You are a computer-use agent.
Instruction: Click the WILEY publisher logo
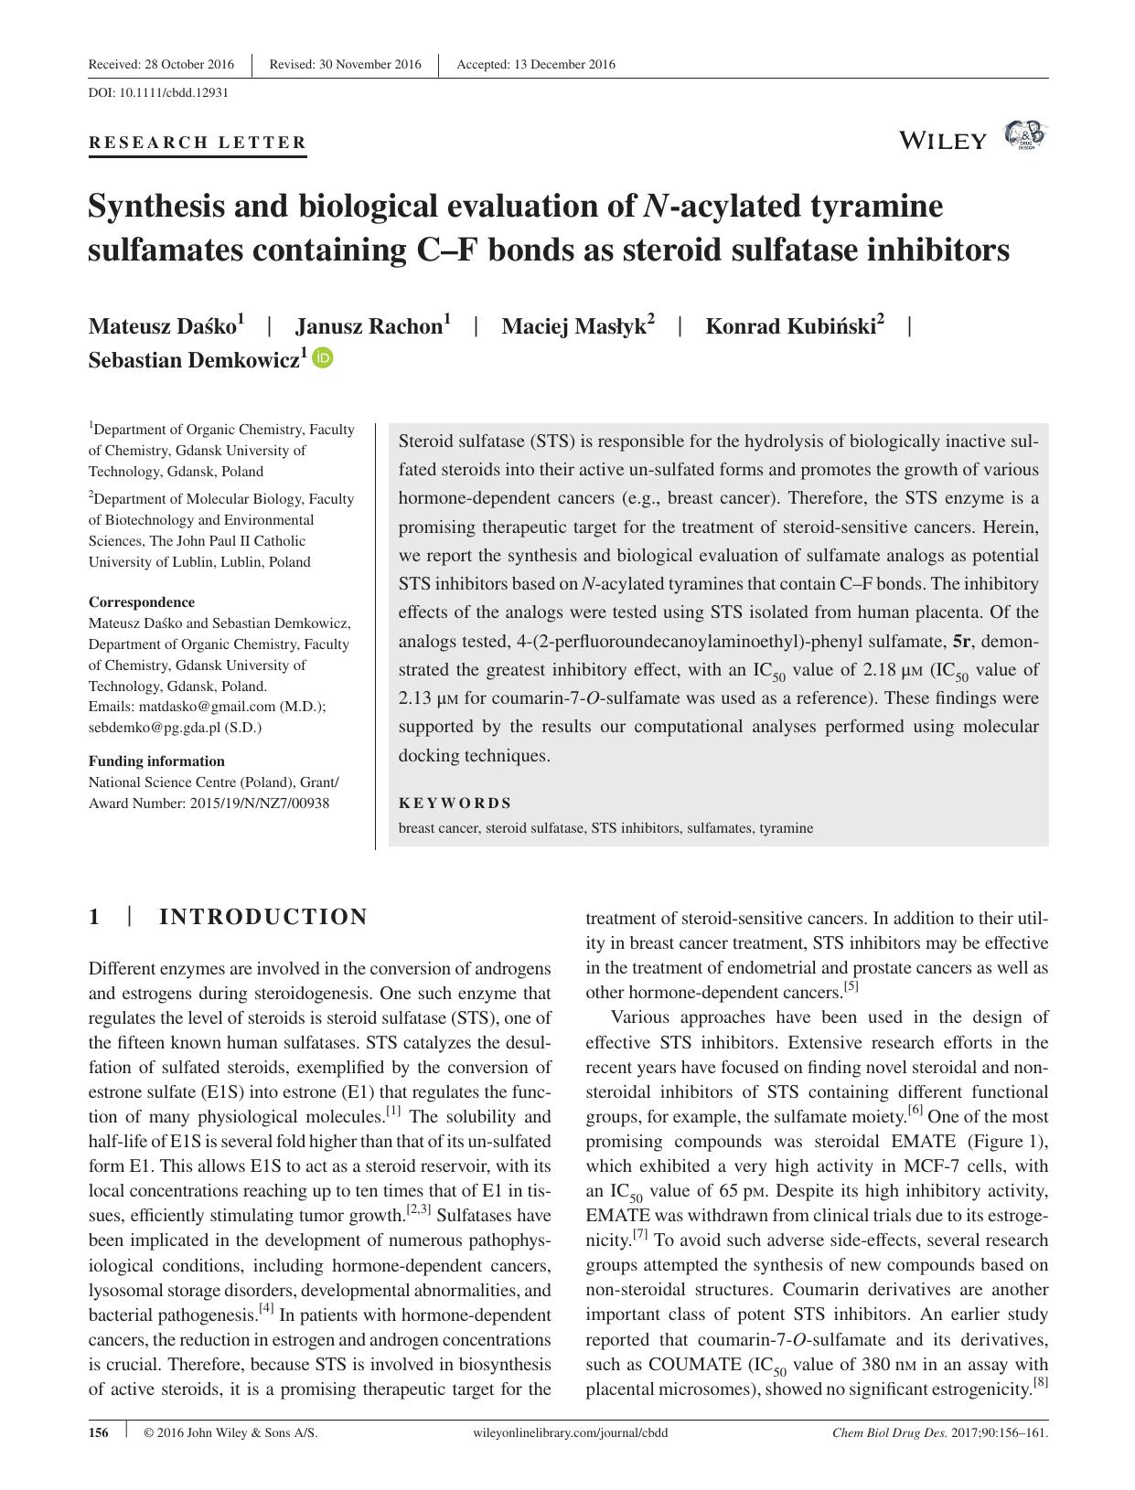pyautogui.click(x=943, y=140)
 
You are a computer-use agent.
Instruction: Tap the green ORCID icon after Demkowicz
pyautogui.click(x=323, y=357)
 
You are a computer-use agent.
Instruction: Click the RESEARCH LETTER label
pyautogui.click(x=198, y=143)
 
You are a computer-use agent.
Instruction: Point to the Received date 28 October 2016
pyautogui.click(x=161, y=64)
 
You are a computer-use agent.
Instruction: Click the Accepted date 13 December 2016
pyautogui.click(x=536, y=64)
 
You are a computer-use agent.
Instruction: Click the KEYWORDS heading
pyautogui.click(x=455, y=803)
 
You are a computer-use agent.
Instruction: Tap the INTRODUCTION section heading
pyautogui.click(x=263, y=917)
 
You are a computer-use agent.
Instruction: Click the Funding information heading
pyautogui.click(x=155, y=761)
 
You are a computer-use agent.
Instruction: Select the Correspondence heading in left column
pyautogui.click(x=141, y=601)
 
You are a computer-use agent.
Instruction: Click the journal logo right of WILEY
pyautogui.click(x=1024, y=135)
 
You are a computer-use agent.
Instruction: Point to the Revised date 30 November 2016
pyautogui.click(x=346, y=64)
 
